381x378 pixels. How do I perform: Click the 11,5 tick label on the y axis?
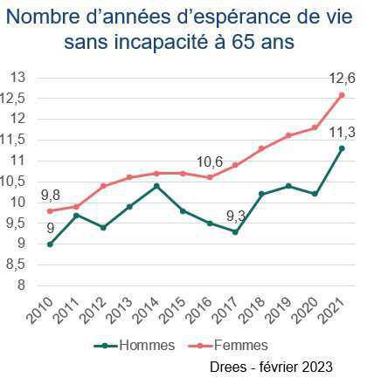point(12,140)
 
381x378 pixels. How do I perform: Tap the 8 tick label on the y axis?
point(19,285)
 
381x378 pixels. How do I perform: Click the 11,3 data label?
point(340,132)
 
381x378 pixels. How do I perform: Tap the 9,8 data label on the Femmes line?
point(50,194)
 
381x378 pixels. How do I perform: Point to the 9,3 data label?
point(234,216)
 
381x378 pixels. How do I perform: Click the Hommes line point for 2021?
point(342,148)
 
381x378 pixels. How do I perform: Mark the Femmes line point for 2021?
point(342,94)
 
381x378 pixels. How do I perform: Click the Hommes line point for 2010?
point(50,244)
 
